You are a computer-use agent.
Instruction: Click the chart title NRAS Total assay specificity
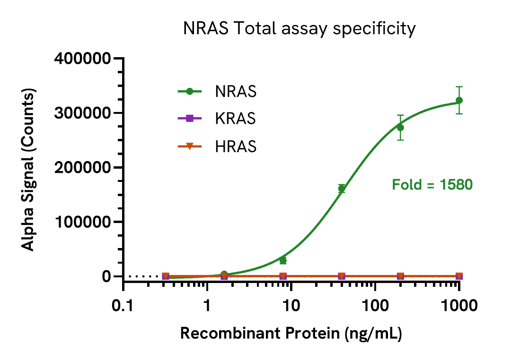[299, 29]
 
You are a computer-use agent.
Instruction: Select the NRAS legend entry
[236, 91]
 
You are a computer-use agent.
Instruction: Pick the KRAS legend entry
[235, 119]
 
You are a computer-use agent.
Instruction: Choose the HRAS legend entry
[236, 146]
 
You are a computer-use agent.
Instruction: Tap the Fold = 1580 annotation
[432, 184]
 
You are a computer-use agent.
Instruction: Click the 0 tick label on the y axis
[106, 276]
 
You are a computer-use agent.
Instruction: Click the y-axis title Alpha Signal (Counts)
[29, 168]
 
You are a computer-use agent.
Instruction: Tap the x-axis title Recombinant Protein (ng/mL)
[291, 334]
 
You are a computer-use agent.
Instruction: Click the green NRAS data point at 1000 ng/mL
[459, 100]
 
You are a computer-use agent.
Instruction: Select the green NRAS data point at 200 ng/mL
[400, 128]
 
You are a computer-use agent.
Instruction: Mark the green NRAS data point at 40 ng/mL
[342, 189]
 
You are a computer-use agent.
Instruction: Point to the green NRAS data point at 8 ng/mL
[283, 260]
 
